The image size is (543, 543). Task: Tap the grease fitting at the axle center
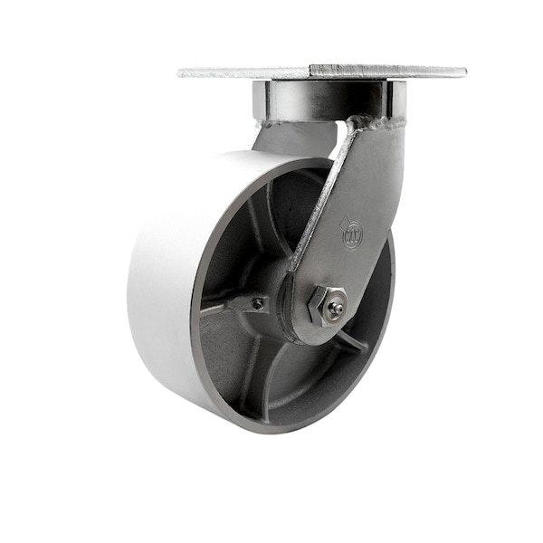(x=335, y=309)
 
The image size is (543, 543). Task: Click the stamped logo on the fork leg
(x=351, y=233)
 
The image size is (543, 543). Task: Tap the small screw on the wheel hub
(x=259, y=304)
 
